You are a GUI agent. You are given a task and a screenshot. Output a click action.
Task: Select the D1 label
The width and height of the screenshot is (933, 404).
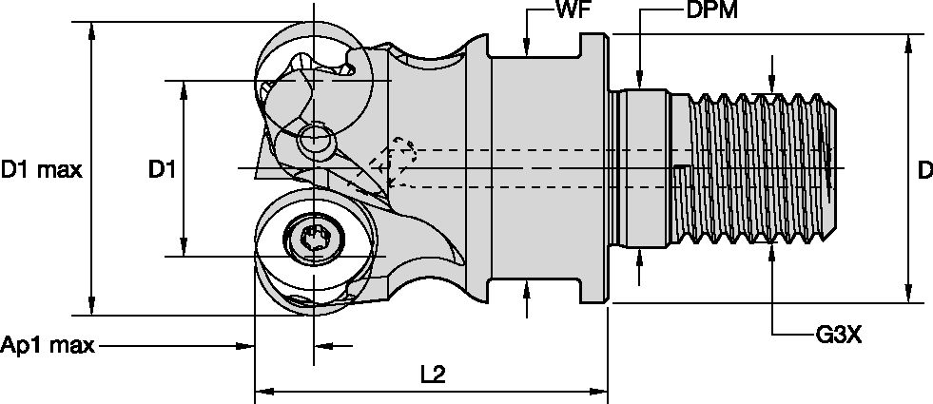(162, 170)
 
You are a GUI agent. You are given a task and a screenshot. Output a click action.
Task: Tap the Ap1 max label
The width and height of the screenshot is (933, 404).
(48, 345)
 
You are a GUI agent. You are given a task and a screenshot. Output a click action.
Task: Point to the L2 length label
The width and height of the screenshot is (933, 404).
(433, 374)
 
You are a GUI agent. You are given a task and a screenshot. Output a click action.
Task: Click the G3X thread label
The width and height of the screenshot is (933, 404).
(838, 335)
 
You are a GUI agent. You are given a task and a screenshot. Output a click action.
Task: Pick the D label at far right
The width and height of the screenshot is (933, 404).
(923, 171)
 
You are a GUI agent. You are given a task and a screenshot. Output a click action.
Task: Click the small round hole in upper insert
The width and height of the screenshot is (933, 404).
(315, 141)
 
